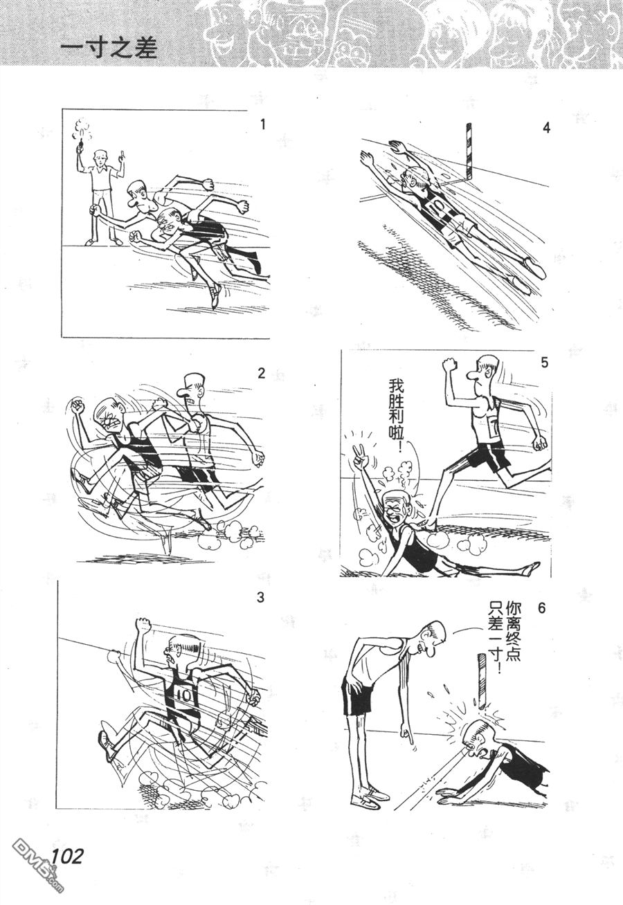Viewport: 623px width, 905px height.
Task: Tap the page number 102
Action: pos(67,844)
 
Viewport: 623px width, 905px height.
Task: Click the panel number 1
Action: pos(263,125)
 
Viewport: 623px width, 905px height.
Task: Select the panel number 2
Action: pos(261,374)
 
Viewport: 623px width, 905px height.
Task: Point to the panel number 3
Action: pos(260,598)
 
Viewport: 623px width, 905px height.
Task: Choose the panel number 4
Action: pos(546,128)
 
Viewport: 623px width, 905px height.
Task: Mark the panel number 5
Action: pos(545,363)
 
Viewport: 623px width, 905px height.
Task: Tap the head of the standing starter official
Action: pos(99,158)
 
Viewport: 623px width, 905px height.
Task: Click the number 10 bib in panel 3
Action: pos(183,694)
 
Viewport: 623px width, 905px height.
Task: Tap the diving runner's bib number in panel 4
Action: pos(433,209)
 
